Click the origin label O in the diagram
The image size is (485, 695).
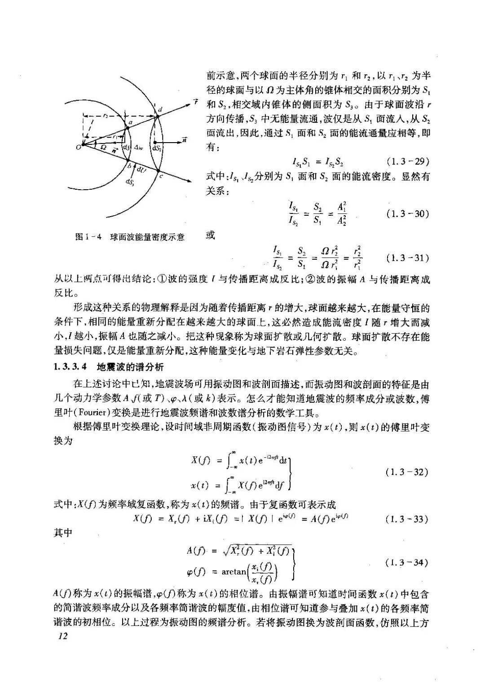coord(78,147)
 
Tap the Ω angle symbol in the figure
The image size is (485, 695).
coord(103,147)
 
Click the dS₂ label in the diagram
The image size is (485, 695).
coord(158,147)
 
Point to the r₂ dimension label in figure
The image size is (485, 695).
coord(106,115)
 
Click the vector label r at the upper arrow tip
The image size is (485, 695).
coord(196,102)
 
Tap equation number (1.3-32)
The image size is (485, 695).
coord(407,472)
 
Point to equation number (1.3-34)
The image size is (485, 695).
coord(407,562)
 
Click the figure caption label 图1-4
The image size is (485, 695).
coord(90,237)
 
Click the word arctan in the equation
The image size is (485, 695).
coord(234,572)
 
